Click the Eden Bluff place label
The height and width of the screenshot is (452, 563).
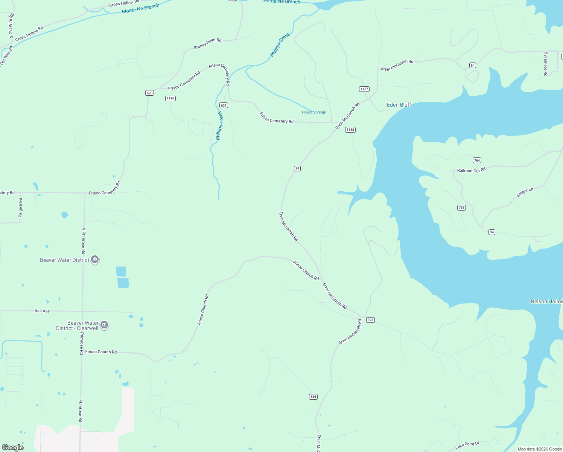pyautogui.click(x=399, y=105)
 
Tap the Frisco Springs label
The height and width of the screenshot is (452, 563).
pyautogui.click(x=313, y=112)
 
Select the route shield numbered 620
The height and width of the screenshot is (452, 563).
pyautogui.click(x=149, y=93)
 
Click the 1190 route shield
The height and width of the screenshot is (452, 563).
pyautogui.click(x=170, y=98)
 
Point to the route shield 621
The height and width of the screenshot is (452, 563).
pyautogui.click(x=224, y=105)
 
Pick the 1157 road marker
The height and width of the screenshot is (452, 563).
pyautogui.click(x=364, y=89)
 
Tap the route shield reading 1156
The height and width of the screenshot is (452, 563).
pyautogui.click(x=350, y=130)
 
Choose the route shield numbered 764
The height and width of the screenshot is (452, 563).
pyautogui.click(x=477, y=160)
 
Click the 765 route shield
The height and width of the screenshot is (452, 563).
pyautogui.click(x=462, y=208)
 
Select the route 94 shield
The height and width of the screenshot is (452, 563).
pyautogui.click(x=492, y=232)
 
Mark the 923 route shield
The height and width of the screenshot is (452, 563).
pyautogui.click(x=371, y=320)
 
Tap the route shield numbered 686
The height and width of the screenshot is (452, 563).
pyautogui.click(x=313, y=397)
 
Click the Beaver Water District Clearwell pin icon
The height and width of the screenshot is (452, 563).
pyautogui.click(x=105, y=325)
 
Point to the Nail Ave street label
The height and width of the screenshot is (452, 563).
pyautogui.click(x=42, y=311)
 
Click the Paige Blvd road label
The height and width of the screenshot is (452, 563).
pyautogui.click(x=20, y=208)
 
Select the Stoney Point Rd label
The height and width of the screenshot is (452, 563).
pyautogui.click(x=207, y=44)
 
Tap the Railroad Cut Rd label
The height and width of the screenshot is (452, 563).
pyautogui.click(x=471, y=170)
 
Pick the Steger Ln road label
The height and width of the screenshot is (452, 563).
pyautogui.click(x=525, y=192)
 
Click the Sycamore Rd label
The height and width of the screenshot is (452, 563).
pyautogui.click(x=545, y=64)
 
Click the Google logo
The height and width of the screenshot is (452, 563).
pyautogui.click(x=13, y=447)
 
